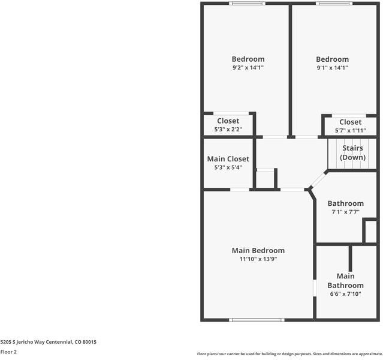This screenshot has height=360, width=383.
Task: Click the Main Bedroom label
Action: [x=258, y=250]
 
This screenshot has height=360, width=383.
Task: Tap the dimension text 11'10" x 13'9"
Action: [x=258, y=259]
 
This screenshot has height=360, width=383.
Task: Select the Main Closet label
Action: [x=228, y=159]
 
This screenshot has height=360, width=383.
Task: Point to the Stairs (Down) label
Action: [x=352, y=152]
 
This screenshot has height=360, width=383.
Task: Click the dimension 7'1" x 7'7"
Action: [x=345, y=212]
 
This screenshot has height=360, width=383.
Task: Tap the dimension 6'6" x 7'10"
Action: [x=345, y=294]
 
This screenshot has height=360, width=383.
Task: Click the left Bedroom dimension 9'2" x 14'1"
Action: [x=248, y=68]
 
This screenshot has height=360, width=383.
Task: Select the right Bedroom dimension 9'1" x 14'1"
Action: [x=332, y=68]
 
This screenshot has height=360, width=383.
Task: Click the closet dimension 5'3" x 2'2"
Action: [x=228, y=130]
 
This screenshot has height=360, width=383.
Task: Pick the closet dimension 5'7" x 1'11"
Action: [x=350, y=130]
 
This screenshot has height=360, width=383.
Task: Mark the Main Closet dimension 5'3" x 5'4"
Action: [x=228, y=167]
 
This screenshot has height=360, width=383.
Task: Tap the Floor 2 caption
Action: [x=8, y=352]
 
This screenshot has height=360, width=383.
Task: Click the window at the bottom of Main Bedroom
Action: [x=257, y=319]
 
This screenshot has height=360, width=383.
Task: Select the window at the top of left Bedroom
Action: [x=246, y=3]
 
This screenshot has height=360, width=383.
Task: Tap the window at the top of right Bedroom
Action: [x=334, y=3]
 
